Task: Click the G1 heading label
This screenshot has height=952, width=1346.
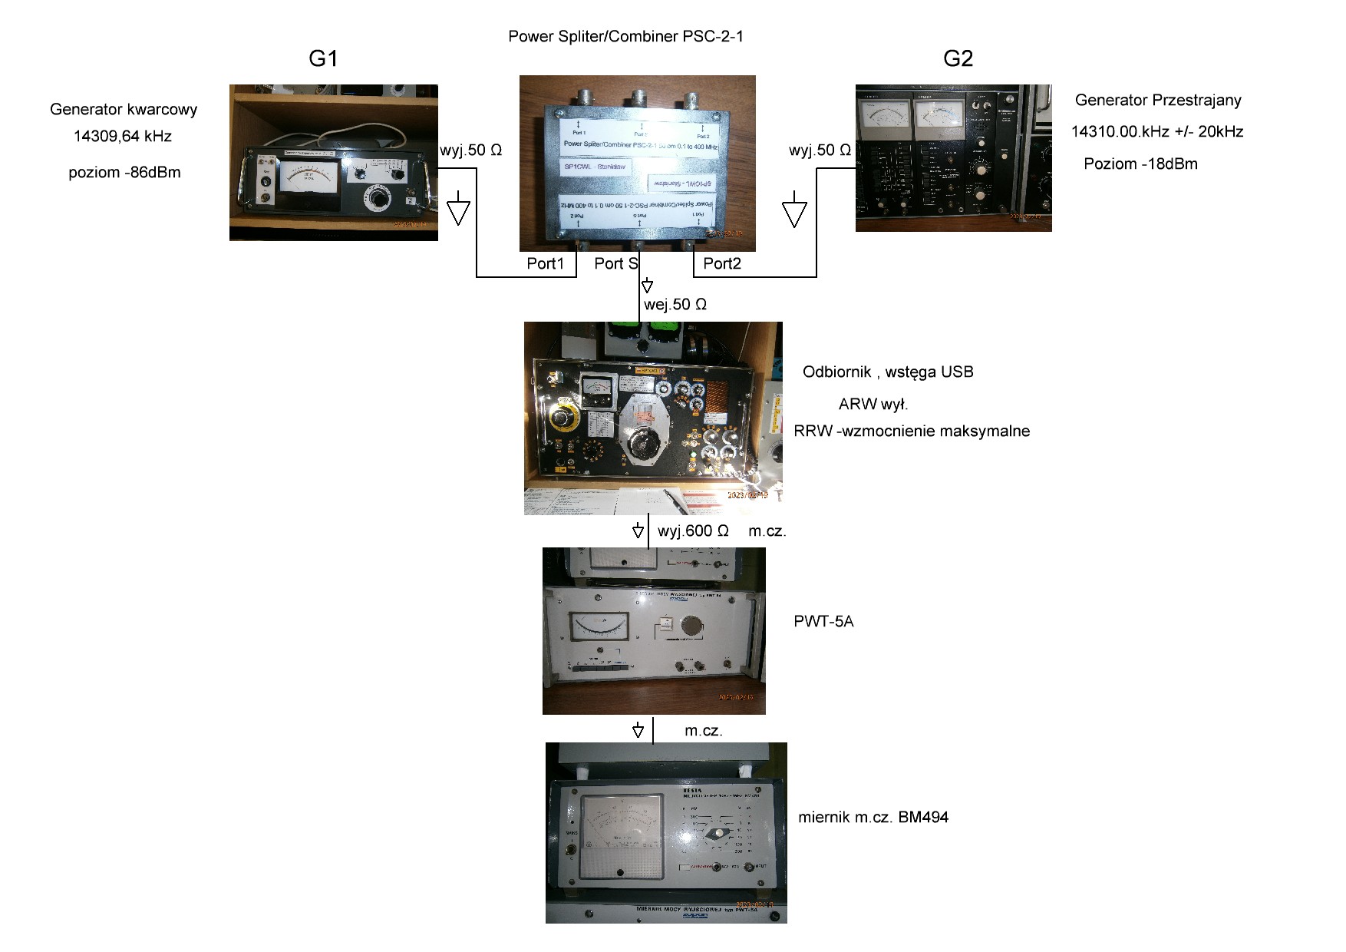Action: click(x=323, y=58)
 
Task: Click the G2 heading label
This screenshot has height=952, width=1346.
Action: click(x=958, y=58)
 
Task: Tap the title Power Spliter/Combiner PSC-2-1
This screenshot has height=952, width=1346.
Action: click(x=625, y=36)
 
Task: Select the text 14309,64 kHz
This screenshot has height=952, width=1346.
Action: click(x=123, y=137)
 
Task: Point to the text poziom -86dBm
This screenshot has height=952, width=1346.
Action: click(x=124, y=173)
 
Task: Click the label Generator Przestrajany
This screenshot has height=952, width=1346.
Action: click(x=1157, y=100)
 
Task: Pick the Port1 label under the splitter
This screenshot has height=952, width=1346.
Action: click(x=546, y=264)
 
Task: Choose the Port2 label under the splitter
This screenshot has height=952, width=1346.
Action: click(x=722, y=264)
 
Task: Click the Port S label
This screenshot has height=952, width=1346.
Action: click(x=615, y=264)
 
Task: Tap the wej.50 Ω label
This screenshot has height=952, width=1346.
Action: click(x=675, y=305)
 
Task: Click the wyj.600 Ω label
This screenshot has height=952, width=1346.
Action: click(x=693, y=531)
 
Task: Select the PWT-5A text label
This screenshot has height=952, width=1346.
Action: click(x=823, y=621)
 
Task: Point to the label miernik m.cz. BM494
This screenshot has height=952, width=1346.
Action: click(x=873, y=818)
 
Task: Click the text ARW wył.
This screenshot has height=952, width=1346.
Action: click(x=873, y=404)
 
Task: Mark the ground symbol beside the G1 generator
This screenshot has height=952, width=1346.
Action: click(x=458, y=209)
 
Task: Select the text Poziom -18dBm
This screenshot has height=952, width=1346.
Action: click(x=1140, y=164)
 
